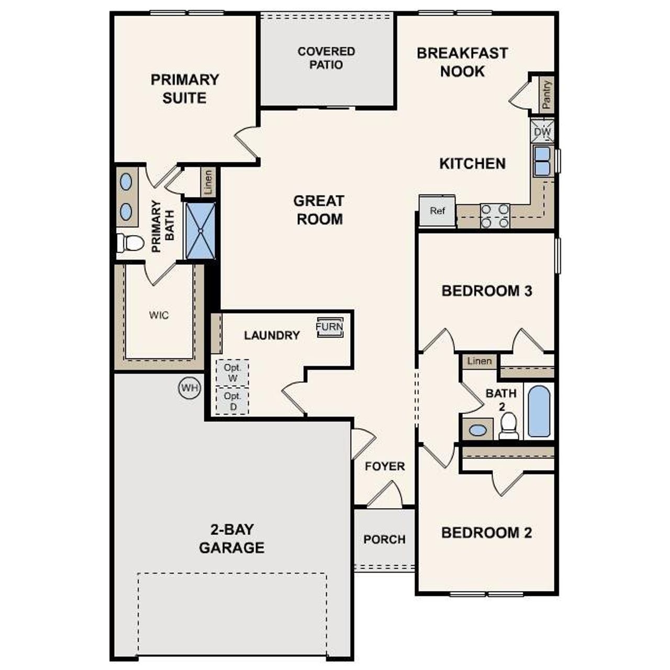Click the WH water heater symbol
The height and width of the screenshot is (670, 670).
(189, 388)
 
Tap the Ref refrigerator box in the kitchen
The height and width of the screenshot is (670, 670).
(437, 211)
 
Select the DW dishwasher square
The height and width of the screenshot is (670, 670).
(543, 132)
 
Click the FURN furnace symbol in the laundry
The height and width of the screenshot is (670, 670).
(330, 327)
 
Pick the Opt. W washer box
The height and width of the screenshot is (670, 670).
(232, 372)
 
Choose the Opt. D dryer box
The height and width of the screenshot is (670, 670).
(232, 401)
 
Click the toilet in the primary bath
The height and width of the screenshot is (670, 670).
(130, 243)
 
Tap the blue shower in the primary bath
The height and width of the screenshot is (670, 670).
(200, 230)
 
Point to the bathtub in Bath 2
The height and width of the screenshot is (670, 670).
(539, 411)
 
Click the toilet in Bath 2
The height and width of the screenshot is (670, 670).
(508, 426)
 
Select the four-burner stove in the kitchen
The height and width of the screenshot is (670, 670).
(495, 216)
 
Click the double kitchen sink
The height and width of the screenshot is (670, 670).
(542, 161)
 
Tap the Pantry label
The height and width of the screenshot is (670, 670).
(547, 95)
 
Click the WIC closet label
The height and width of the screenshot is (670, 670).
(159, 315)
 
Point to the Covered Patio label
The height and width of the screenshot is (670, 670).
(326, 58)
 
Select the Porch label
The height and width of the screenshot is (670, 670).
(384, 539)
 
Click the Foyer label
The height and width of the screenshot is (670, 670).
(385, 466)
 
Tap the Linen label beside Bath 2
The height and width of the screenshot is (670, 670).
(479, 361)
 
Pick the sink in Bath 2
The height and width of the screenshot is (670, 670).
(477, 430)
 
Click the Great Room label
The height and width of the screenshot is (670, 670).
(319, 210)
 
